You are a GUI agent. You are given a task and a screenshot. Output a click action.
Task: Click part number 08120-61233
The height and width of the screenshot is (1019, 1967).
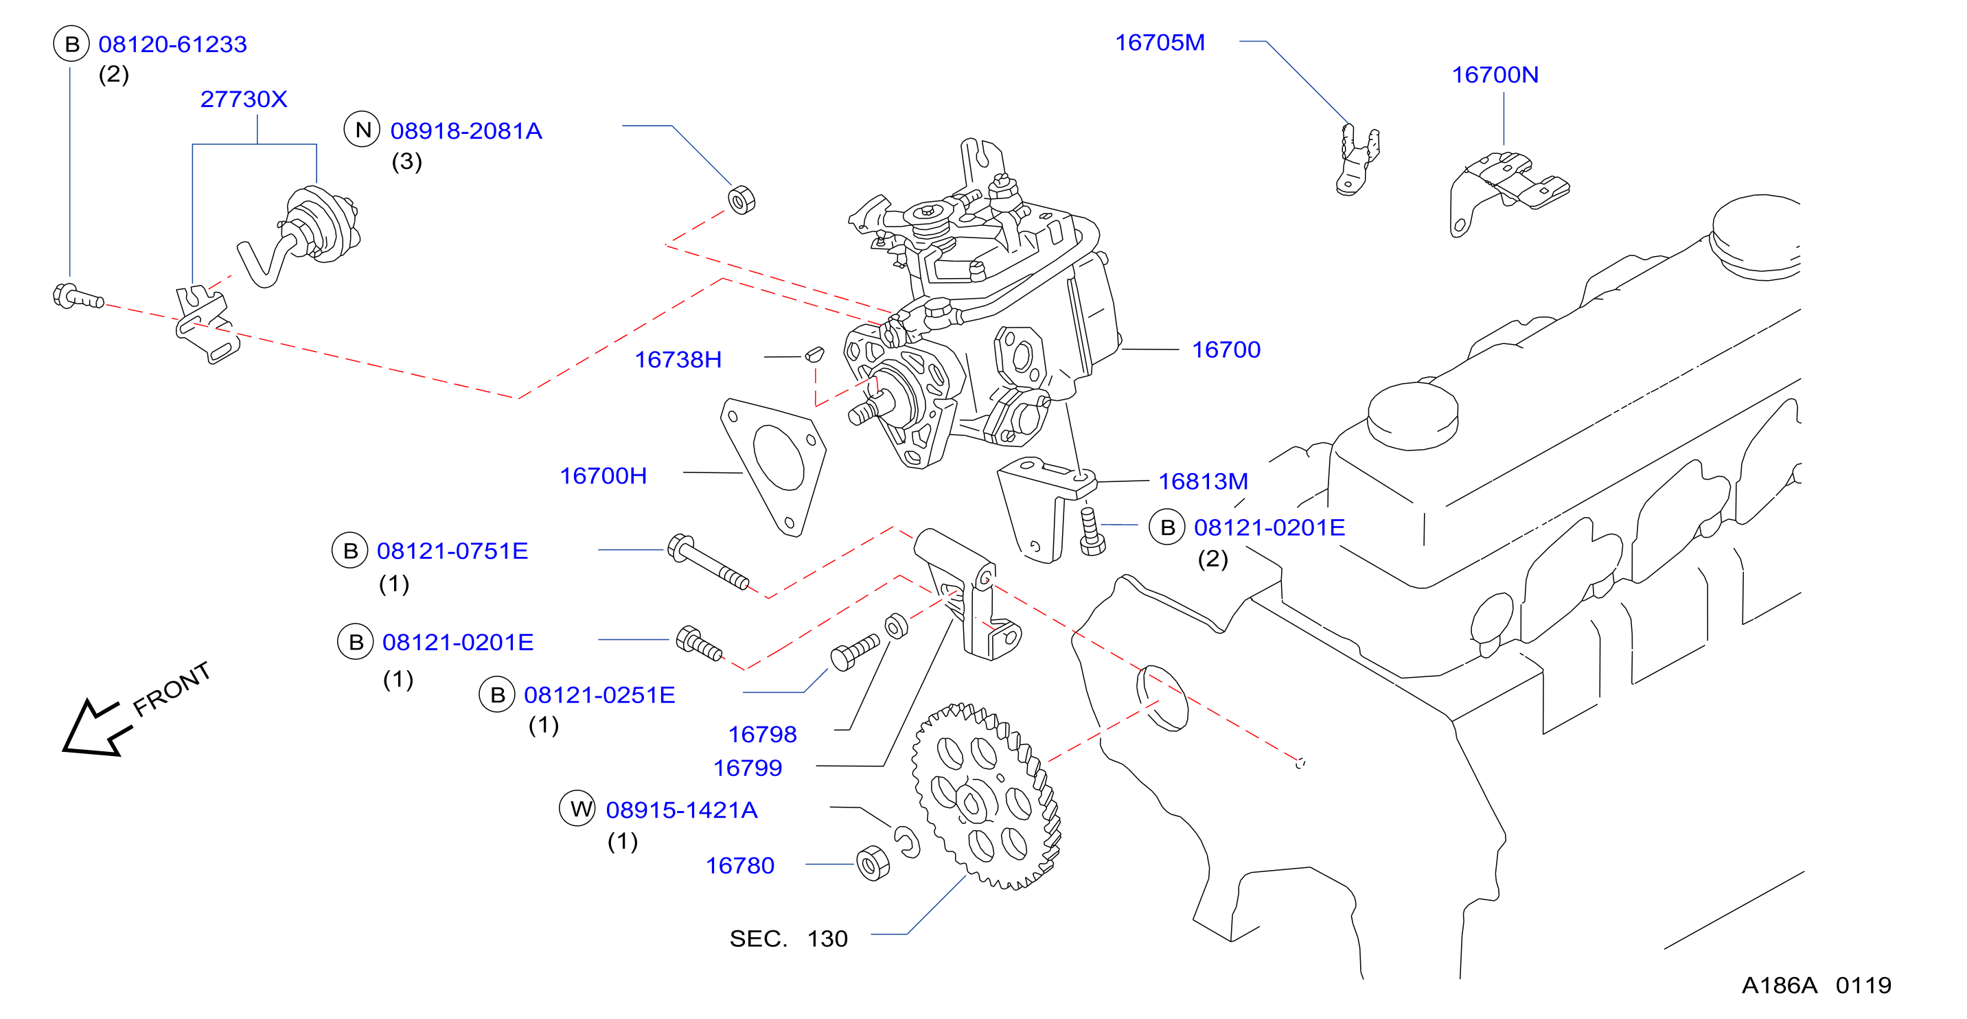pos(172,45)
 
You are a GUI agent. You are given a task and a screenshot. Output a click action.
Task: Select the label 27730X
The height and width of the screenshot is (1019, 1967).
pos(244,100)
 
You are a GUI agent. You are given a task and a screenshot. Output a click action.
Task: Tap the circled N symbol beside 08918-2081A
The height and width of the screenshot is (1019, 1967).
pos(362,129)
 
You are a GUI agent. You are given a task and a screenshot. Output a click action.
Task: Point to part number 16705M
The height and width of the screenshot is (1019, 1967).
pos(1160,43)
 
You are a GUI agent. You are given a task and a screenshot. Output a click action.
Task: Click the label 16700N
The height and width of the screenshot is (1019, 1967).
pos(1495,75)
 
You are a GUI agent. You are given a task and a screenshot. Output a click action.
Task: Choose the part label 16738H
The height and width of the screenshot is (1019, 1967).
pos(678,360)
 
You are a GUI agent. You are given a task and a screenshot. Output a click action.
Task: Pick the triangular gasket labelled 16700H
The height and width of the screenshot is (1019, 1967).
pos(774,467)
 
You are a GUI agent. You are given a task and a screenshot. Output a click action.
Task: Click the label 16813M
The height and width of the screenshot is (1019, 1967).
pos(1203,481)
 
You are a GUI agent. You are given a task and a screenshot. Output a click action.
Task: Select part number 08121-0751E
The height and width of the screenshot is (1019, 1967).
pos(452,551)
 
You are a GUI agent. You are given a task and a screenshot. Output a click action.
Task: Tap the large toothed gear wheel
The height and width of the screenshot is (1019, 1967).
pos(986,796)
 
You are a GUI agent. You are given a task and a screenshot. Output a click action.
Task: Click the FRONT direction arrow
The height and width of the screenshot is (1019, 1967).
pos(96,727)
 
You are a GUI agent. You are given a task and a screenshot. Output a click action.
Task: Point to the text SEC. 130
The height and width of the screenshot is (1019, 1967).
pos(788,938)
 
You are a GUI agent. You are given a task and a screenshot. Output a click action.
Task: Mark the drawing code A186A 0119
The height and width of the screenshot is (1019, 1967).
pos(1816,985)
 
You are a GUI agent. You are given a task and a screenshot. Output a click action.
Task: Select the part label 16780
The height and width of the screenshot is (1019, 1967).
pos(739,865)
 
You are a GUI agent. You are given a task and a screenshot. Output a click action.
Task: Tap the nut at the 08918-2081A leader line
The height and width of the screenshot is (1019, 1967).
pos(741,200)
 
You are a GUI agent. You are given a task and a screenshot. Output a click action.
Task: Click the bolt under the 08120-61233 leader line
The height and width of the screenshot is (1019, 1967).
pos(78,297)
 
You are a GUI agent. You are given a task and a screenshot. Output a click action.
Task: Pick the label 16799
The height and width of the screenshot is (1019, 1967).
pos(747,768)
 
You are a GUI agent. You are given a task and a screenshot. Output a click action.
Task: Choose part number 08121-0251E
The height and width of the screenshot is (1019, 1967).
pos(599,695)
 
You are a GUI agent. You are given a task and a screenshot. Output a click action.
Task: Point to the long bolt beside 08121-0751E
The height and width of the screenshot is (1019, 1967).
pos(708,562)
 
